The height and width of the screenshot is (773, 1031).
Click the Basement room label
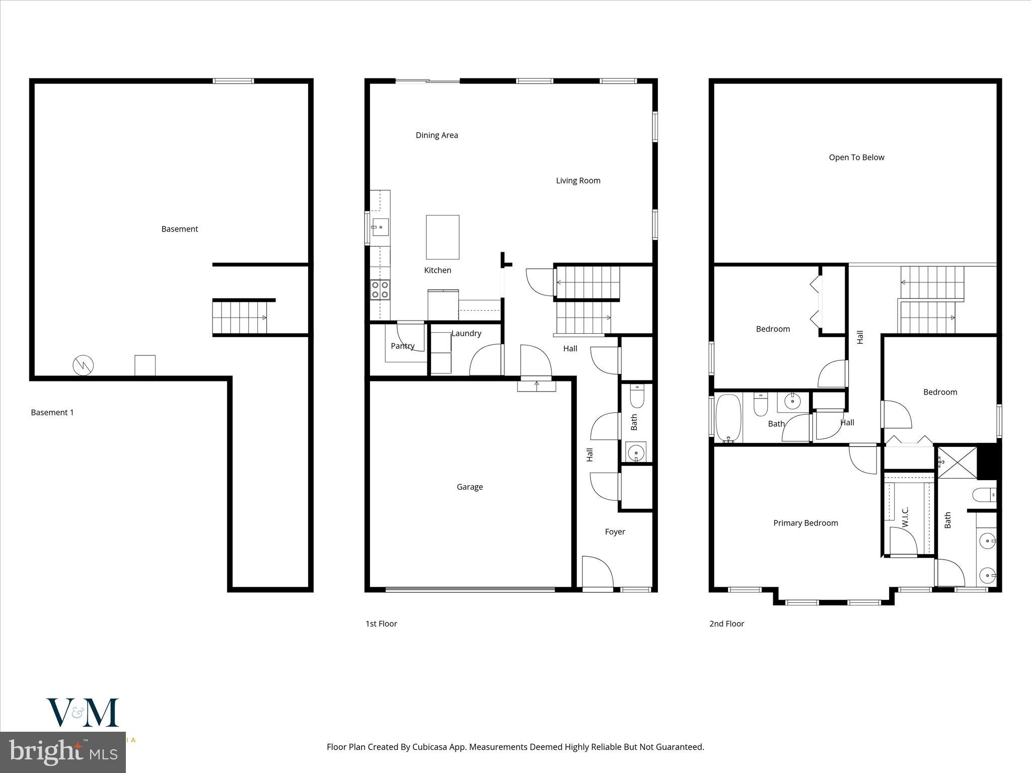(x=179, y=229)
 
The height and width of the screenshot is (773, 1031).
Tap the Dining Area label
(x=436, y=135)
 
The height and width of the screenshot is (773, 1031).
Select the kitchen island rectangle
(x=443, y=237)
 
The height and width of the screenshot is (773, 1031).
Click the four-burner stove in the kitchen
(x=380, y=290)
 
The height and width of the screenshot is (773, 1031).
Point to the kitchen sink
(x=380, y=227)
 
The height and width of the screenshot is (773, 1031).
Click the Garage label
(x=469, y=487)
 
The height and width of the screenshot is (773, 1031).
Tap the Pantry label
(x=402, y=346)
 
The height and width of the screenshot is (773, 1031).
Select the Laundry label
(x=466, y=333)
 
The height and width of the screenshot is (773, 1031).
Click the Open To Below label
(x=856, y=158)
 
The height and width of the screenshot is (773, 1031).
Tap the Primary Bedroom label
(x=805, y=523)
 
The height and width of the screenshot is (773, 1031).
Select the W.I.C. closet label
(x=905, y=517)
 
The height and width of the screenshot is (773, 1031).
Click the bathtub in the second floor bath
(x=728, y=418)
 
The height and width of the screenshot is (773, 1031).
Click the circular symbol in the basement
(x=83, y=365)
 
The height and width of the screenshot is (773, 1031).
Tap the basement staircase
(x=240, y=318)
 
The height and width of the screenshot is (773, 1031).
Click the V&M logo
(x=83, y=713)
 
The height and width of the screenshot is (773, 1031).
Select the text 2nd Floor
(x=726, y=624)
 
